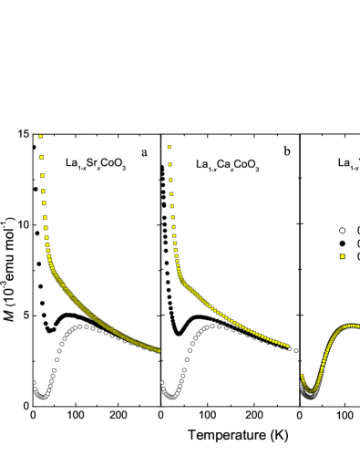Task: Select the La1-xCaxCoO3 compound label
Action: pos(228,164)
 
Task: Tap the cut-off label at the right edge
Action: pos(347,163)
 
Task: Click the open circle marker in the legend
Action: pos(342,231)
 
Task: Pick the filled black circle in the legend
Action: pos(342,243)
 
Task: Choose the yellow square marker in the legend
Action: pos(342,257)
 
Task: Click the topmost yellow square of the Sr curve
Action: pos(41,137)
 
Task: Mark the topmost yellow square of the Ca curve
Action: pos(170,146)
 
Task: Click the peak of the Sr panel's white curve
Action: pos(84,326)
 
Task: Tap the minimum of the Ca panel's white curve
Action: pos(172,395)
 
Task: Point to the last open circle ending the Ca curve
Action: pos(295,349)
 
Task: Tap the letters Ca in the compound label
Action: pos(223,164)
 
